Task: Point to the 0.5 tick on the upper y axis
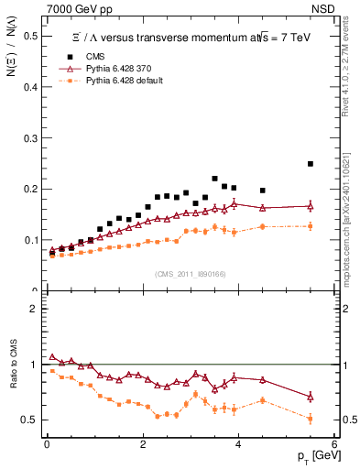point(32,36)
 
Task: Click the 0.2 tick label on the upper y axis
point(32,190)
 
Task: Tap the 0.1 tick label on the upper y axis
point(32,240)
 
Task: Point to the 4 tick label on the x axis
point(238,444)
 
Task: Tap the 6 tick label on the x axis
point(334,444)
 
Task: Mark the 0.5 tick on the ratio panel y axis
point(32,420)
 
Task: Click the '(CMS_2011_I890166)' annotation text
point(189,274)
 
